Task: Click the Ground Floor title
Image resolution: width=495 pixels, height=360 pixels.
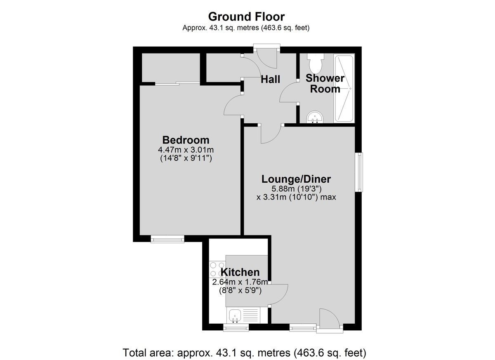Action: coord(246,16)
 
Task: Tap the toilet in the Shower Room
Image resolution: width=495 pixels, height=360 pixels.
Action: coord(316,63)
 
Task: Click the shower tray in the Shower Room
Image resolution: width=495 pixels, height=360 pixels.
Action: coord(344,88)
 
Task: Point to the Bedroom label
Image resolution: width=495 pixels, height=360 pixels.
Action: coord(186,139)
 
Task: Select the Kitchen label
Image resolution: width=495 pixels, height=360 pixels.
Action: coord(240,272)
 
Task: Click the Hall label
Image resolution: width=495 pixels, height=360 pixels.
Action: coord(270,79)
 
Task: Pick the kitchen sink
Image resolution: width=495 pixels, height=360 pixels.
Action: coord(236,316)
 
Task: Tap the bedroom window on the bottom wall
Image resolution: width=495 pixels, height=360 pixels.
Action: coord(167,239)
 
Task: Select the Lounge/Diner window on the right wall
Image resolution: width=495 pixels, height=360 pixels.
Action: coord(360,172)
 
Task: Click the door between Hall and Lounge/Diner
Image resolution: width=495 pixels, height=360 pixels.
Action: coord(271,133)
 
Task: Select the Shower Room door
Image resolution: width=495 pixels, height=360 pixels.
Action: coord(289,93)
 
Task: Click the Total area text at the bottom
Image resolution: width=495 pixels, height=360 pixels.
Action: coord(245,353)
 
